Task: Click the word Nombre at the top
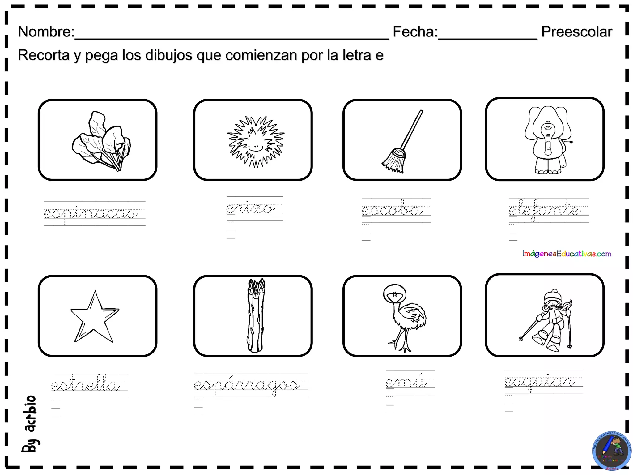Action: tap(46, 32)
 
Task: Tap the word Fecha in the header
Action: tap(415, 32)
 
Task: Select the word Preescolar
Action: tap(576, 32)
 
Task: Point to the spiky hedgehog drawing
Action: tap(256, 142)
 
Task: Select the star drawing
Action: tap(94, 317)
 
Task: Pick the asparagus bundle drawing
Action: tap(256, 315)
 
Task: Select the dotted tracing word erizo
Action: tap(250, 208)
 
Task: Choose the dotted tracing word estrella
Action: tap(85, 385)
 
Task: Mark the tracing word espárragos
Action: tap(247, 385)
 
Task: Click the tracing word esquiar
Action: tap(540, 382)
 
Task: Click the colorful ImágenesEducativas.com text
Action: tap(567, 254)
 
